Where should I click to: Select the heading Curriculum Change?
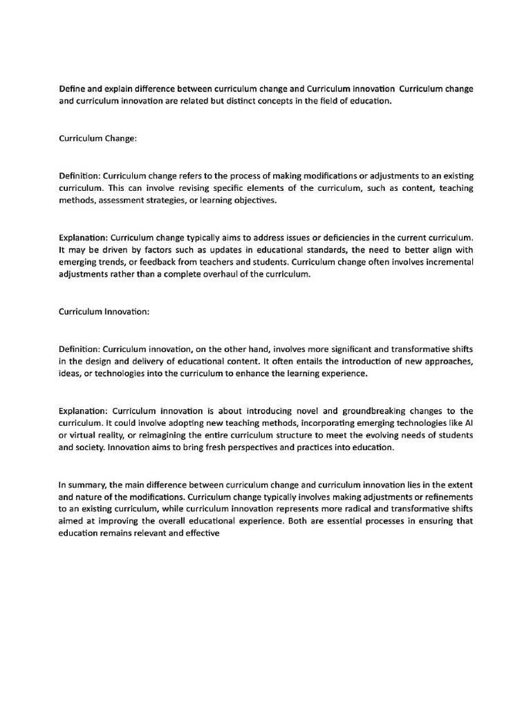(97, 138)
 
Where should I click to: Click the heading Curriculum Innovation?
(103, 313)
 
